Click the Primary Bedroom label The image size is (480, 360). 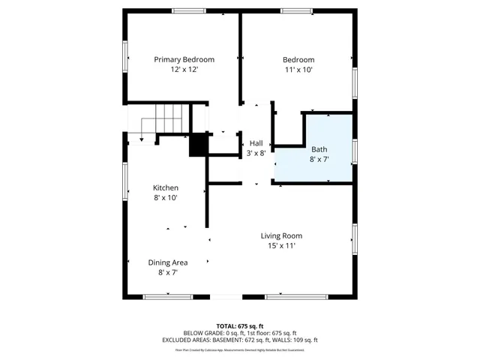(184, 60)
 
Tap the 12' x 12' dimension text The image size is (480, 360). (184, 70)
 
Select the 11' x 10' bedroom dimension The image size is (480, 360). (298, 70)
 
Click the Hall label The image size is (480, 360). (256, 143)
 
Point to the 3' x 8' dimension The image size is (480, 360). (256, 153)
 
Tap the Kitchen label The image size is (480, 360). (166, 187)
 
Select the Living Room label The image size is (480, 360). (281, 235)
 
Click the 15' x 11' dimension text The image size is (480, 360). (281, 246)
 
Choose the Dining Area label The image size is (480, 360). (167, 262)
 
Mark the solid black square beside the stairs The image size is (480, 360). (198, 144)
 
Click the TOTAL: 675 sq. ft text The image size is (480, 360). (240, 325)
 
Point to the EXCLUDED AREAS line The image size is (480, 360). (240, 339)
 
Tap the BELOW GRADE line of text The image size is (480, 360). (240, 332)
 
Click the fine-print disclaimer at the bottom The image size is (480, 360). (240, 349)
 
